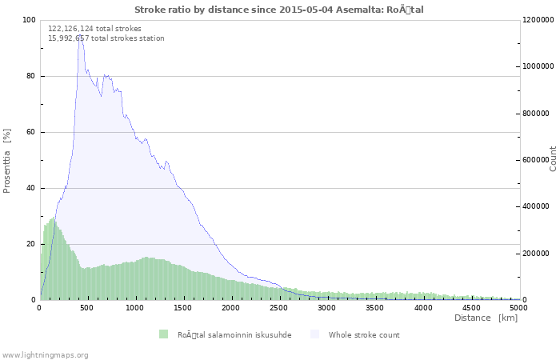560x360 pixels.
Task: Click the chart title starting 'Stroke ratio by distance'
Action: click(279, 10)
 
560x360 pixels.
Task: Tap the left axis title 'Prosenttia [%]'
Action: click(6, 161)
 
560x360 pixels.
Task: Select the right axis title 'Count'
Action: click(553, 159)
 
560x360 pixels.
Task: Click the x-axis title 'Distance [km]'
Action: click(486, 318)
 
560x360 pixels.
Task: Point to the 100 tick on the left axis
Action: click(29, 20)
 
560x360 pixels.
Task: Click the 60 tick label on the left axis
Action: click(31, 132)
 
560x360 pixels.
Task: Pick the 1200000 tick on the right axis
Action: click(538, 20)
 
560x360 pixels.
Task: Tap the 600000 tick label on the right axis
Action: click(536, 160)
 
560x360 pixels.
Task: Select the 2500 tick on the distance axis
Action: click(278, 308)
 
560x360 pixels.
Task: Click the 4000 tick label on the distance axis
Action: click(423, 308)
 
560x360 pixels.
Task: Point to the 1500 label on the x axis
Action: click(182, 308)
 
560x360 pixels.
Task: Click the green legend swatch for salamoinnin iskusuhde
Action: click(163, 334)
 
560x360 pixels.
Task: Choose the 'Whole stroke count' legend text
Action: click(364, 335)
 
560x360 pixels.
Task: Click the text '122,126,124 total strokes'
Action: click(94, 29)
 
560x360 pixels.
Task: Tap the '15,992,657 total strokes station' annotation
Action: click(106, 38)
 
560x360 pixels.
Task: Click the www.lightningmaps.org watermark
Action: click(45, 355)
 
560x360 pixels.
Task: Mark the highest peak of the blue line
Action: click(80, 34)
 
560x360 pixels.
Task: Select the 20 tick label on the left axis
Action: click(31, 244)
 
